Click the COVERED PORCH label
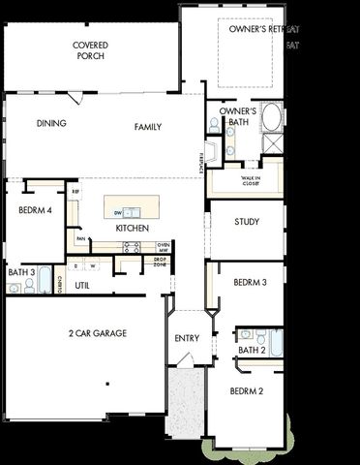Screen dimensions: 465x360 point(90,50)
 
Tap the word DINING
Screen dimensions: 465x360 point(51,124)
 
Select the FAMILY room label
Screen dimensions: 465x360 point(148,127)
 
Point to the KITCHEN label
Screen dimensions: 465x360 point(132,228)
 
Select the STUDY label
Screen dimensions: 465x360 point(247,222)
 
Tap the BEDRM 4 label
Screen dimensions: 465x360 point(34,209)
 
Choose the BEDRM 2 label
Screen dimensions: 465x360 point(246,391)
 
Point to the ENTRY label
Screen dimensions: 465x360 point(187,338)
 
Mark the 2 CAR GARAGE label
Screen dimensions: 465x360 point(97,333)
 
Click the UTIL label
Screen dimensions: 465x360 point(82,285)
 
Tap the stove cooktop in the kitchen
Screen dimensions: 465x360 point(132,247)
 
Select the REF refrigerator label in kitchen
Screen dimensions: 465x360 point(75,192)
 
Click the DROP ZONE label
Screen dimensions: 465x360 point(160,261)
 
